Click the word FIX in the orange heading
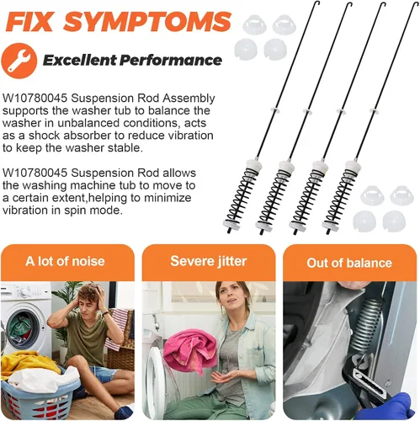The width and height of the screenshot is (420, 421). coord(29,22)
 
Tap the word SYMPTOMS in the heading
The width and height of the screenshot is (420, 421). coord(147,22)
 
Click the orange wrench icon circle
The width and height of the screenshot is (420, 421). coord(19,61)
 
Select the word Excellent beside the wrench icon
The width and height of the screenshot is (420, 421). coord(79,60)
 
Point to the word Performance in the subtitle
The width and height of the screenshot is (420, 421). coord(171,60)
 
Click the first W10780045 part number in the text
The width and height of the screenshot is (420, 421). coord(35,99)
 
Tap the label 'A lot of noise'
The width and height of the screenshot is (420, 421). coord(65,261)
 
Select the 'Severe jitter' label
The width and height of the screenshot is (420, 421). coord(209,261)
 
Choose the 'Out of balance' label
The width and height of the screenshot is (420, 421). coord(349,263)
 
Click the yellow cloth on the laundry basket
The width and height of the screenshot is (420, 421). coord(28,364)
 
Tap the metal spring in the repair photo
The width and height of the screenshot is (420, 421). coord(365,326)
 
